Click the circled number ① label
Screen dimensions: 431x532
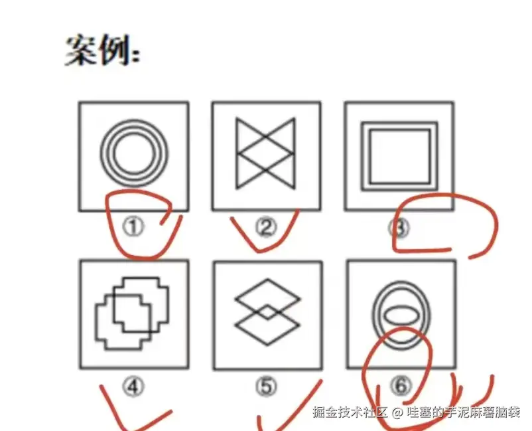coord(134,228)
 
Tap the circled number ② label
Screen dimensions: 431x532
coord(265,228)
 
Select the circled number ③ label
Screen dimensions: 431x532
coord(399,228)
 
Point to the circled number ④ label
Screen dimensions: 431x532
coord(135,385)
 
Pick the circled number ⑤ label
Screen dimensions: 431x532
coord(267,385)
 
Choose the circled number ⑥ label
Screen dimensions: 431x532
coord(399,385)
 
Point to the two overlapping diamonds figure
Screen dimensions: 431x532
coord(267,312)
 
